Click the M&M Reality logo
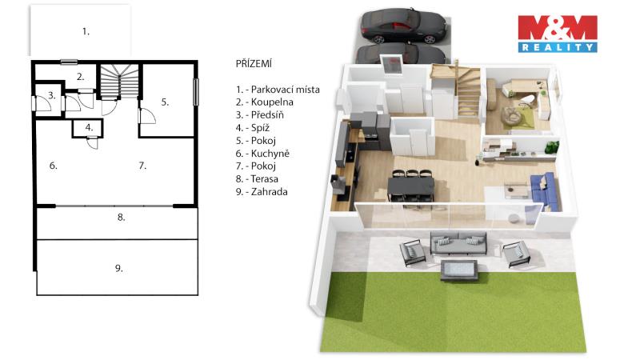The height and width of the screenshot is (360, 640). pos(558,34)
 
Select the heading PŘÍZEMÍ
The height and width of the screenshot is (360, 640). pos(254,64)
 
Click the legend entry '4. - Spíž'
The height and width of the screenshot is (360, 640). pos(253,128)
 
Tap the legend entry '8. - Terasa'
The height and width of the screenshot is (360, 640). pos(257,178)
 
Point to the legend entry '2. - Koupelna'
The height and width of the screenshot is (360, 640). pos(265,102)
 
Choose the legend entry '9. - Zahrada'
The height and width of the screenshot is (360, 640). pos(262,192)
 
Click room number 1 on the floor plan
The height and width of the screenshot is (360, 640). pos(86,31)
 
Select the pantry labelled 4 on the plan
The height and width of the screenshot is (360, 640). pos(87,128)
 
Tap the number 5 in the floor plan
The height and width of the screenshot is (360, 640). pos(165,102)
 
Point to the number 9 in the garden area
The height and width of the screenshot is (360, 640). pos(118,268)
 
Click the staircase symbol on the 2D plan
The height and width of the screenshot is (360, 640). pos(119,82)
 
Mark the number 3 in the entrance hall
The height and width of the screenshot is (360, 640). pos(51,95)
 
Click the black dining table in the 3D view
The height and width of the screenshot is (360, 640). pos(410,187)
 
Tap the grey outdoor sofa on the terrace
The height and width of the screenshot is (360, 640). pos(458,243)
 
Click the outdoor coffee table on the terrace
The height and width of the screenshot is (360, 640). pos(458,270)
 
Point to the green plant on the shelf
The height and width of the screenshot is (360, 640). pos(551,147)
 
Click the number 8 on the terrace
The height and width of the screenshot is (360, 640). pos(122,217)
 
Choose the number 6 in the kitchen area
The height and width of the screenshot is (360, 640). pos(53,166)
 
